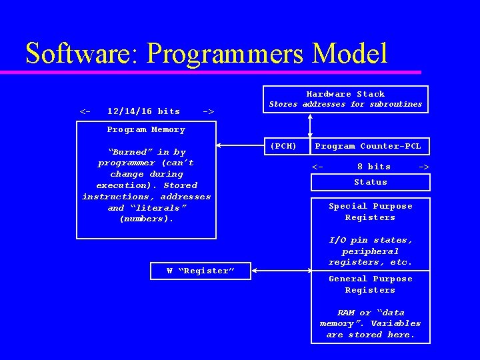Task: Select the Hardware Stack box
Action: coord(345,99)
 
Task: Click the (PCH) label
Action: coord(283,146)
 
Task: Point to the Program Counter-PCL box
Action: coord(368,146)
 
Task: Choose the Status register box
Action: coord(371,182)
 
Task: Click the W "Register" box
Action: coord(201,271)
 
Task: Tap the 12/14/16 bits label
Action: coord(143,111)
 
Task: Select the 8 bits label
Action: coord(374,167)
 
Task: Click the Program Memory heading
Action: coord(146,129)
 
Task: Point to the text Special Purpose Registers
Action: coord(371,212)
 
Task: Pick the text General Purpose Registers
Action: coord(371,285)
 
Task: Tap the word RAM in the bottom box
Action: coord(345,313)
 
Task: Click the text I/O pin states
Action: coord(371,240)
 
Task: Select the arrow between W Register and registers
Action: coord(281,271)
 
